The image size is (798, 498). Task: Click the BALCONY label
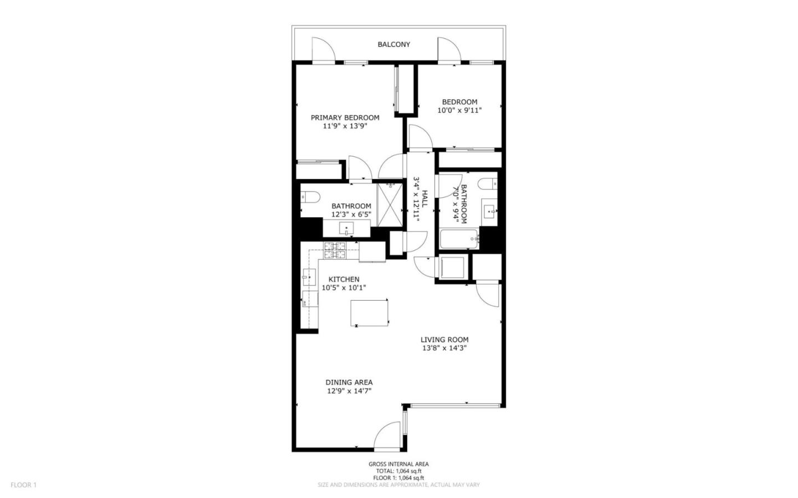pos(393,44)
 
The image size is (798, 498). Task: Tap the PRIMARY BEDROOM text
pos(345,117)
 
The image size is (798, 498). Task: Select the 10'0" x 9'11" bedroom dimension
pos(459,110)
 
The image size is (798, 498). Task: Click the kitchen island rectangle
pos(369,312)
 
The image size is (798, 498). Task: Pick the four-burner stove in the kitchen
pos(334,251)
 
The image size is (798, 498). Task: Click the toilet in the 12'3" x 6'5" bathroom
pos(308,196)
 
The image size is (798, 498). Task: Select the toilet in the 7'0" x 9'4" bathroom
pos(488,184)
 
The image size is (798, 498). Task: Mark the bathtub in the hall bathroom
pos(459,240)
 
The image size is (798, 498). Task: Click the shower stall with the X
pos(390,204)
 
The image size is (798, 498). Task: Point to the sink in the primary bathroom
pos(347,228)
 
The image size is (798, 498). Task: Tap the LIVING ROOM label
pos(444,340)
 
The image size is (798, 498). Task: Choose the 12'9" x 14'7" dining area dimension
pos(349,391)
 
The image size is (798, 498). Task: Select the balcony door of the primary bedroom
pos(323,50)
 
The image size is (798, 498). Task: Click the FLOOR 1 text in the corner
pos(23,485)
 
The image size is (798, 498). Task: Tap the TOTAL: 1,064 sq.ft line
pos(398,471)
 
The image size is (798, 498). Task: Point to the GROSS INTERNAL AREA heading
pos(398,464)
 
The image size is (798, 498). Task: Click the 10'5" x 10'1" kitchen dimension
pos(344,287)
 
